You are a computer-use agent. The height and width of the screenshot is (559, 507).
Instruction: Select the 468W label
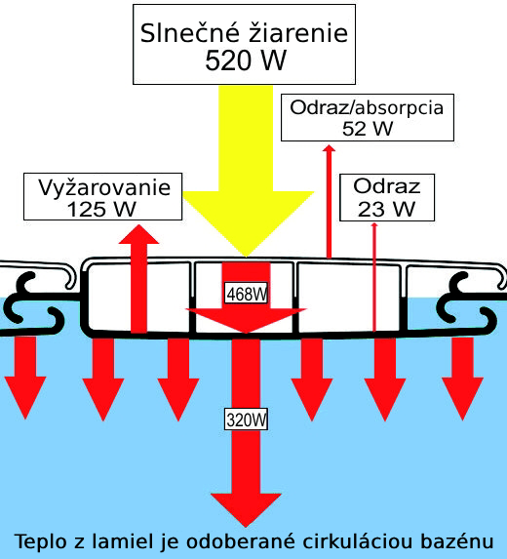(247, 294)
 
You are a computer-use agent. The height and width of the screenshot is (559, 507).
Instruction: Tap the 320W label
(247, 419)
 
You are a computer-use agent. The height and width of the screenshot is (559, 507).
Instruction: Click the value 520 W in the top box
(246, 60)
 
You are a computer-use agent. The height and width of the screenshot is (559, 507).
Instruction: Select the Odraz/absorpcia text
(367, 107)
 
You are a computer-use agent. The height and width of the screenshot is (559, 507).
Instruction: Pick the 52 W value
(368, 129)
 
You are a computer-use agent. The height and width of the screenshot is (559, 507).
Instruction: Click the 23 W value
(386, 209)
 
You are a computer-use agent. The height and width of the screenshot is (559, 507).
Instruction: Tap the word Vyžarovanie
(104, 188)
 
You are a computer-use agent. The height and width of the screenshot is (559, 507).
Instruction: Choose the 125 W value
(101, 210)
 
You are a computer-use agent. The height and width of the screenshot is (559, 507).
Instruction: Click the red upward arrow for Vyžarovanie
(138, 279)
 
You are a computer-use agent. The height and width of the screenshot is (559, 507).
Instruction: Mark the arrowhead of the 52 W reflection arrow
(329, 147)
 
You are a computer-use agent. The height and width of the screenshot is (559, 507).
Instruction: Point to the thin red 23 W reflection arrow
(374, 277)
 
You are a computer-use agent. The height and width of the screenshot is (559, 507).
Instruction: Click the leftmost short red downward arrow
(25, 378)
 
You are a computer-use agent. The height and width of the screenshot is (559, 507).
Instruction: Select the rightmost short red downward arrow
(462, 379)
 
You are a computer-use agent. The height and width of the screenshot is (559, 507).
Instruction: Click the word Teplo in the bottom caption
(41, 542)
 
